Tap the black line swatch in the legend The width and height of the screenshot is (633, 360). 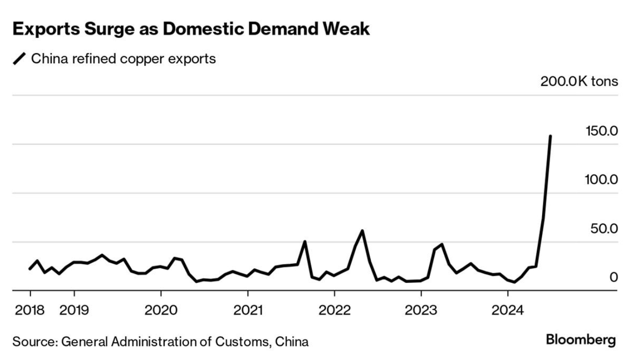click(x=20, y=59)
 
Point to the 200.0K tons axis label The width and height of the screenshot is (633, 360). click(x=579, y=81)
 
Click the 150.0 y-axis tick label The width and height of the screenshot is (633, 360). click(x=601, y=131)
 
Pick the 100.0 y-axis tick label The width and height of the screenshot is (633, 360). click(x=601, y=180)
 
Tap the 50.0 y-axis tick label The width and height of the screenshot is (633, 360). click(x=603, y=229)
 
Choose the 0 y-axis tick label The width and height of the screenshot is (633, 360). click(x=613, y=277)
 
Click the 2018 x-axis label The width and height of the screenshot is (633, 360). click(x=30, y=310)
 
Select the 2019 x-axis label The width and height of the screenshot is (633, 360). click(x=74, y=310)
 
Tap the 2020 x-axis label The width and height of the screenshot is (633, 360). click(x=161, y=310)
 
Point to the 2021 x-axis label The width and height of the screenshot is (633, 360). click(x=248, y=310)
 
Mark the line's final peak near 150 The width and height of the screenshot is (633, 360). click(x=550, y=136)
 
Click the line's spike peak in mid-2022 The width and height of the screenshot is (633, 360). click(x=362, y=231)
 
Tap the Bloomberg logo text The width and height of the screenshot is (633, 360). click(x=581, y=340)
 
